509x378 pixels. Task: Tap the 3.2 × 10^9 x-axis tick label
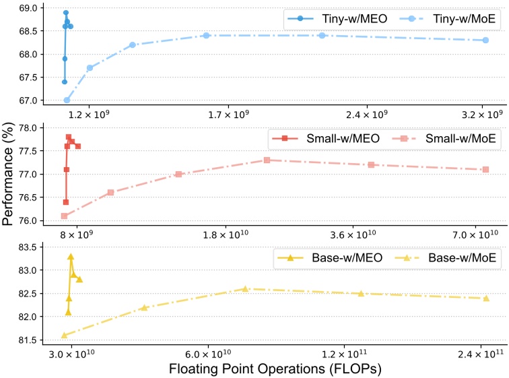pyautogui.click(x=484, y=115)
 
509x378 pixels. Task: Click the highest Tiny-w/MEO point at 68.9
pyautogui.click(x=65, y=12)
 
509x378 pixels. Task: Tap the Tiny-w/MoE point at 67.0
pyautogui.click(x=67, y=100)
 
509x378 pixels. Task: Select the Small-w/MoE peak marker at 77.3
pyautogui.click(x=267, y=160)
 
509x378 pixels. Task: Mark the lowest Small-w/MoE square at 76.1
pyautogui.click(x=64, y=216)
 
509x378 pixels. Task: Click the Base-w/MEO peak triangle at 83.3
pyautogui.click(x=70, y=257)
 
